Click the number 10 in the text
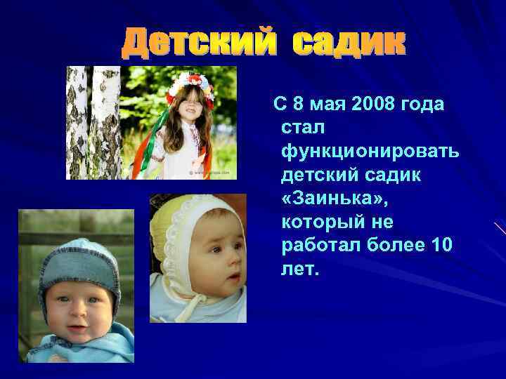(441, 245)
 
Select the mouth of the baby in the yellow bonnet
(231, 280)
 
